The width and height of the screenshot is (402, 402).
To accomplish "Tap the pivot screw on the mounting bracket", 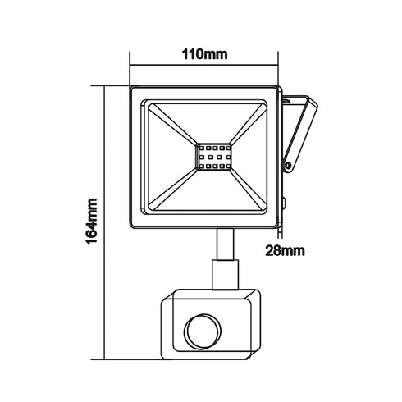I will [288, 167].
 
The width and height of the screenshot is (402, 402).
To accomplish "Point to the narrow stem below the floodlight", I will [222, 244].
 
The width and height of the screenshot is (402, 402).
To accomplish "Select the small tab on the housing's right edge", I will [283, 202].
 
